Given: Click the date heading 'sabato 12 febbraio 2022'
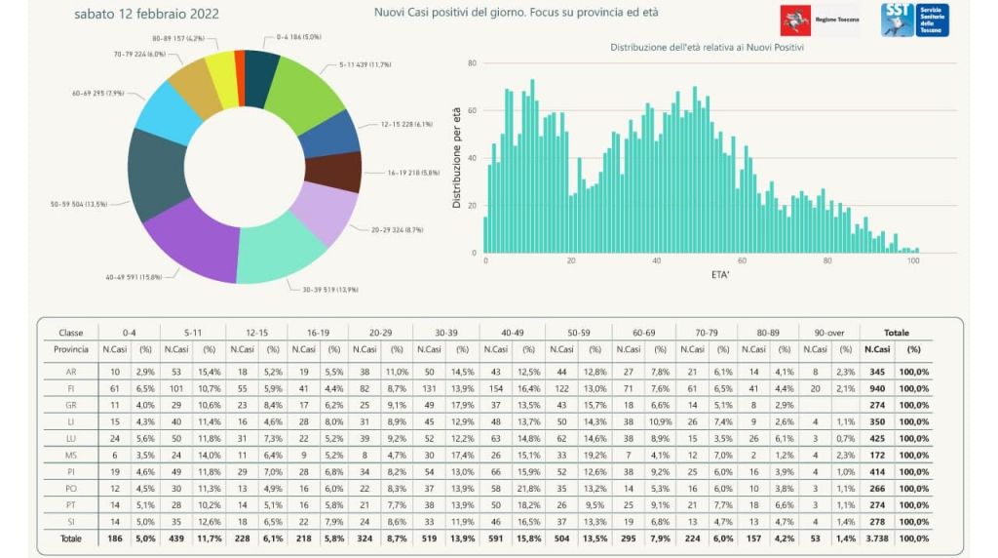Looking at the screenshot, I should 146,14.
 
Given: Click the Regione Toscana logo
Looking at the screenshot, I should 818,20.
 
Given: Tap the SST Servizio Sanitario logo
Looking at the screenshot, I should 914,20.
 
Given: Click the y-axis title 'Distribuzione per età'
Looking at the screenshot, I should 456,157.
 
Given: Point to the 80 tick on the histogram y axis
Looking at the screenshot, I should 472,63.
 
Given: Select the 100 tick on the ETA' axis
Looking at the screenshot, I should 914,261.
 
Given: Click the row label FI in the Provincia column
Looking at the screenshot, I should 71,388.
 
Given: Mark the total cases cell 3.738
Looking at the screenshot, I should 878,538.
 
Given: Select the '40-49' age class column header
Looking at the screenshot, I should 512,333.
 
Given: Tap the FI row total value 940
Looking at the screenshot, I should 878,388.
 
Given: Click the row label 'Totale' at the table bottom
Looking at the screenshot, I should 71,538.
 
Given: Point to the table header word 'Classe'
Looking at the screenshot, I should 71,333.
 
